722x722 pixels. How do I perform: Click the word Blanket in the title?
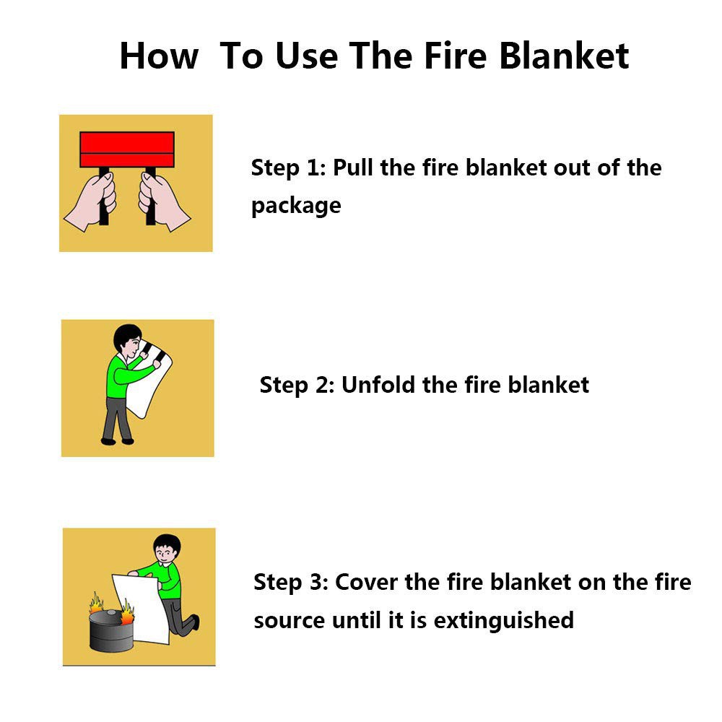(x=564, y=56)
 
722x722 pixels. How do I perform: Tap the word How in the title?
(x=159, y=56)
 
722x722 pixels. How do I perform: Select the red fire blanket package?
(x=127, y=149)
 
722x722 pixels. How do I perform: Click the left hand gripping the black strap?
(x=91, y=201)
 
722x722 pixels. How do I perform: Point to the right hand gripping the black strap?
(x=163, y=201)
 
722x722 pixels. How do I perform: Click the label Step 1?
(x=288, y=168)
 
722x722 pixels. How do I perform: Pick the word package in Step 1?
(x=296, y=206)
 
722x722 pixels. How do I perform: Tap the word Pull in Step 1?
(x=353, y=168)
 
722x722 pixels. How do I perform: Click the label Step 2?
(x=297, y=385)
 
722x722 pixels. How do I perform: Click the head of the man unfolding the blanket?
(x=128, y=340)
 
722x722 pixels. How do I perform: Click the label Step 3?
(x=291, y=582)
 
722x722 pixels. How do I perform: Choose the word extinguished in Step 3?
(x=504, y=620)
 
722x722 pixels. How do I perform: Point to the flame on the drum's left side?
(x=96, y=603)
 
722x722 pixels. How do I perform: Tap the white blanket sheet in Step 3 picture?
(x=141, y=608)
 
